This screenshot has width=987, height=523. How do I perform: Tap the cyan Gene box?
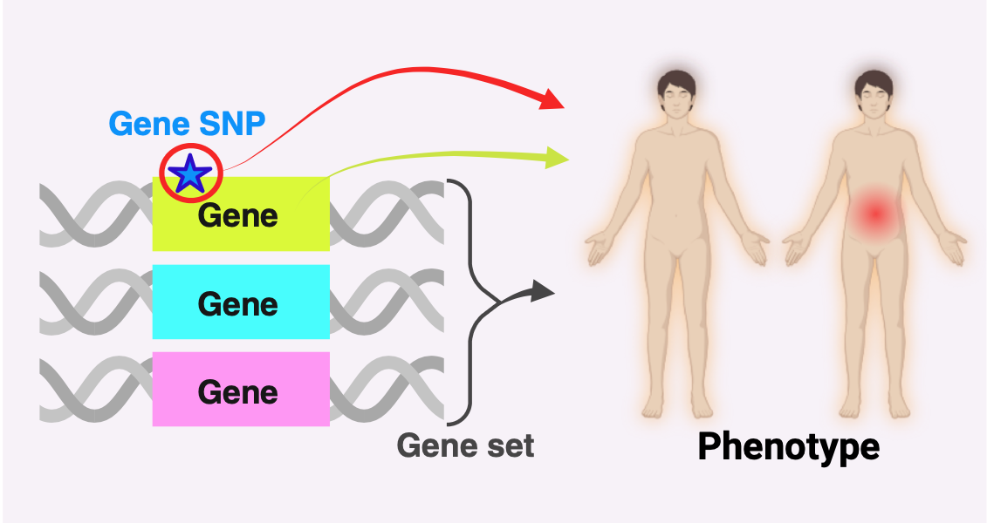pyautogui.click(x=241, y=302)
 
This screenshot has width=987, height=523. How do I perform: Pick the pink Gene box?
pyautogui.click(x=241, y=389)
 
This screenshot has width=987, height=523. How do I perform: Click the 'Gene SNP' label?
pyautogui.click(x=187, y=124)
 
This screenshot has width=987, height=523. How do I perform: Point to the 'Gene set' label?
pyautogui.click(x=465, y=445)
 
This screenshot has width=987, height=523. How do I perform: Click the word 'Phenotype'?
pyautogui.click(x=788, y=446)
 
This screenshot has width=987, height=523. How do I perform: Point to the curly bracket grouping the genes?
pyautogui.click(x=472, y=296)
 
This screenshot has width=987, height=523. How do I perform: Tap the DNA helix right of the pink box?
pyautogui.click(x=387, y=389)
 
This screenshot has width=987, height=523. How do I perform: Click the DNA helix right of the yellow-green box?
pyautogui.click(x=387, y=214)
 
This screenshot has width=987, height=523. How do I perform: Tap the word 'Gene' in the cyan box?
pyautogui.click(x=238, y=304)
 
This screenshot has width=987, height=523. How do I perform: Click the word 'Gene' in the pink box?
pyautogui.click(x=238, y=391)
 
